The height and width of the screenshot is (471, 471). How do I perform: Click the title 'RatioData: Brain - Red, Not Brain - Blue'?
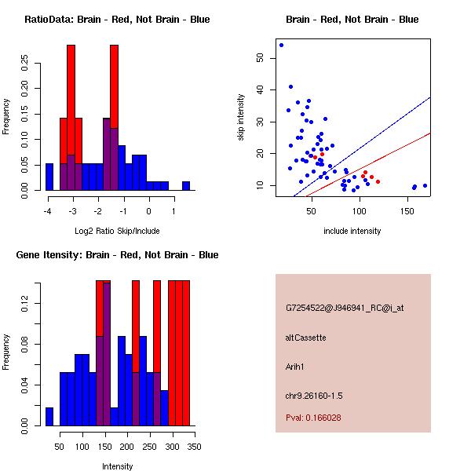coord(117,20)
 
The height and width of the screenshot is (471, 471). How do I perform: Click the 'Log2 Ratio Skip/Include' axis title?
coord(117,231)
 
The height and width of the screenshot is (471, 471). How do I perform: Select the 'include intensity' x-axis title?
coord(353,231)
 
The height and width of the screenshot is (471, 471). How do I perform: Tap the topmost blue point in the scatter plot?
coord(281,45)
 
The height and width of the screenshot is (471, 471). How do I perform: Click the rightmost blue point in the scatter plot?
coord(425,186)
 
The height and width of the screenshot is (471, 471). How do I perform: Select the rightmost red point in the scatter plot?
coord(378,181)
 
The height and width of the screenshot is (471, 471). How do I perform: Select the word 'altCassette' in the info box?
coord(305,338)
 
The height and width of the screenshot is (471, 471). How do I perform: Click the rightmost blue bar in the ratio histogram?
coord(186,186)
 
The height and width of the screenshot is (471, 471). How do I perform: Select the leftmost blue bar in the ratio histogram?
coord(49,177)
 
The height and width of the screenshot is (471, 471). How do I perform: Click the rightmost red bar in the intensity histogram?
coord(186,353)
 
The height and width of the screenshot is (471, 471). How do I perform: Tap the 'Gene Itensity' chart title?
coord(117,255)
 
